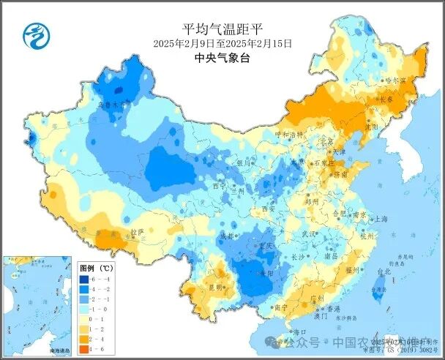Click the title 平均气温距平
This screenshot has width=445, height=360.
[222, 29]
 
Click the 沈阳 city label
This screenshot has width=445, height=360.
[374, 126]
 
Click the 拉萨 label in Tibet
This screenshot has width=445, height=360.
[137, 233]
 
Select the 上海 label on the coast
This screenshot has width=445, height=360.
[381, 219]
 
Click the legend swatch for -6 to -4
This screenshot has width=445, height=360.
[85, 279]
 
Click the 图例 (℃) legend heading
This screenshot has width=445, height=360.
[94, 268]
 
